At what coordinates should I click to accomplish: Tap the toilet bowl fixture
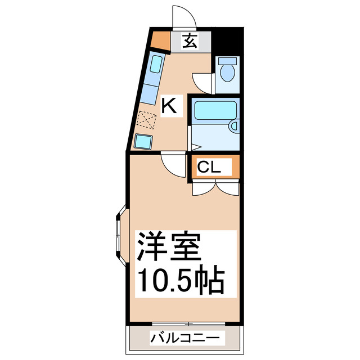pos(228,70)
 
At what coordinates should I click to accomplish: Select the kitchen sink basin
pos(156,64)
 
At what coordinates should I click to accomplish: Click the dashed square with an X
pos(147,120)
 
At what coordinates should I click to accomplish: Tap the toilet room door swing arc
pos(202,82)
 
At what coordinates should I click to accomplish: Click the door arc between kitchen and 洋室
pos(172,164)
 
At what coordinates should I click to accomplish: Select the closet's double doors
pos(216,188)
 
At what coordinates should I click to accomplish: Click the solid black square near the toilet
pos(228,41)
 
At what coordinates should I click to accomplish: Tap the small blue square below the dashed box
pos(142,141)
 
